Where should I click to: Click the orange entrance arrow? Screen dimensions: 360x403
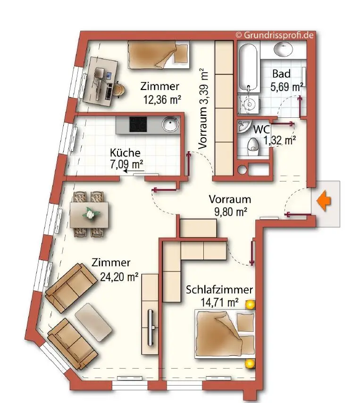(x=324, y=201)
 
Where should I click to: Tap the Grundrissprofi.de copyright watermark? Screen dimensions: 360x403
(x=275, y=35)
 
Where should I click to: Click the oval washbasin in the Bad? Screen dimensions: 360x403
(x=283, y=49)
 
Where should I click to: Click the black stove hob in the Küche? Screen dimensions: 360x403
(x=138, y=124)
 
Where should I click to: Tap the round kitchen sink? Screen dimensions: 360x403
(x=170, y=124)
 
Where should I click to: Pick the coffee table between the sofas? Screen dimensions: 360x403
(x=94, y=322)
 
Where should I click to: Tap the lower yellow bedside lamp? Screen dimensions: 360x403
(x=250, y=364)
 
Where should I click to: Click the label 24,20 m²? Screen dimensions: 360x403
(x=119, y=277)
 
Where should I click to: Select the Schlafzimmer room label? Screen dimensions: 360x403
(x=219, y=290)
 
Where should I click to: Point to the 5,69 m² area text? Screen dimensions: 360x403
(x=286, y=87)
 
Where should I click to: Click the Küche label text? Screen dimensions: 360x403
(x=125, y=152)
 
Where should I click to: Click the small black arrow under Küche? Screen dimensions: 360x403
(x=134, y=171)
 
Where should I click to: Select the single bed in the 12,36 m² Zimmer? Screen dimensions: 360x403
(x=159, y=55)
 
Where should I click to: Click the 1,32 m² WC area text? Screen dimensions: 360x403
(x=279, y=140)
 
